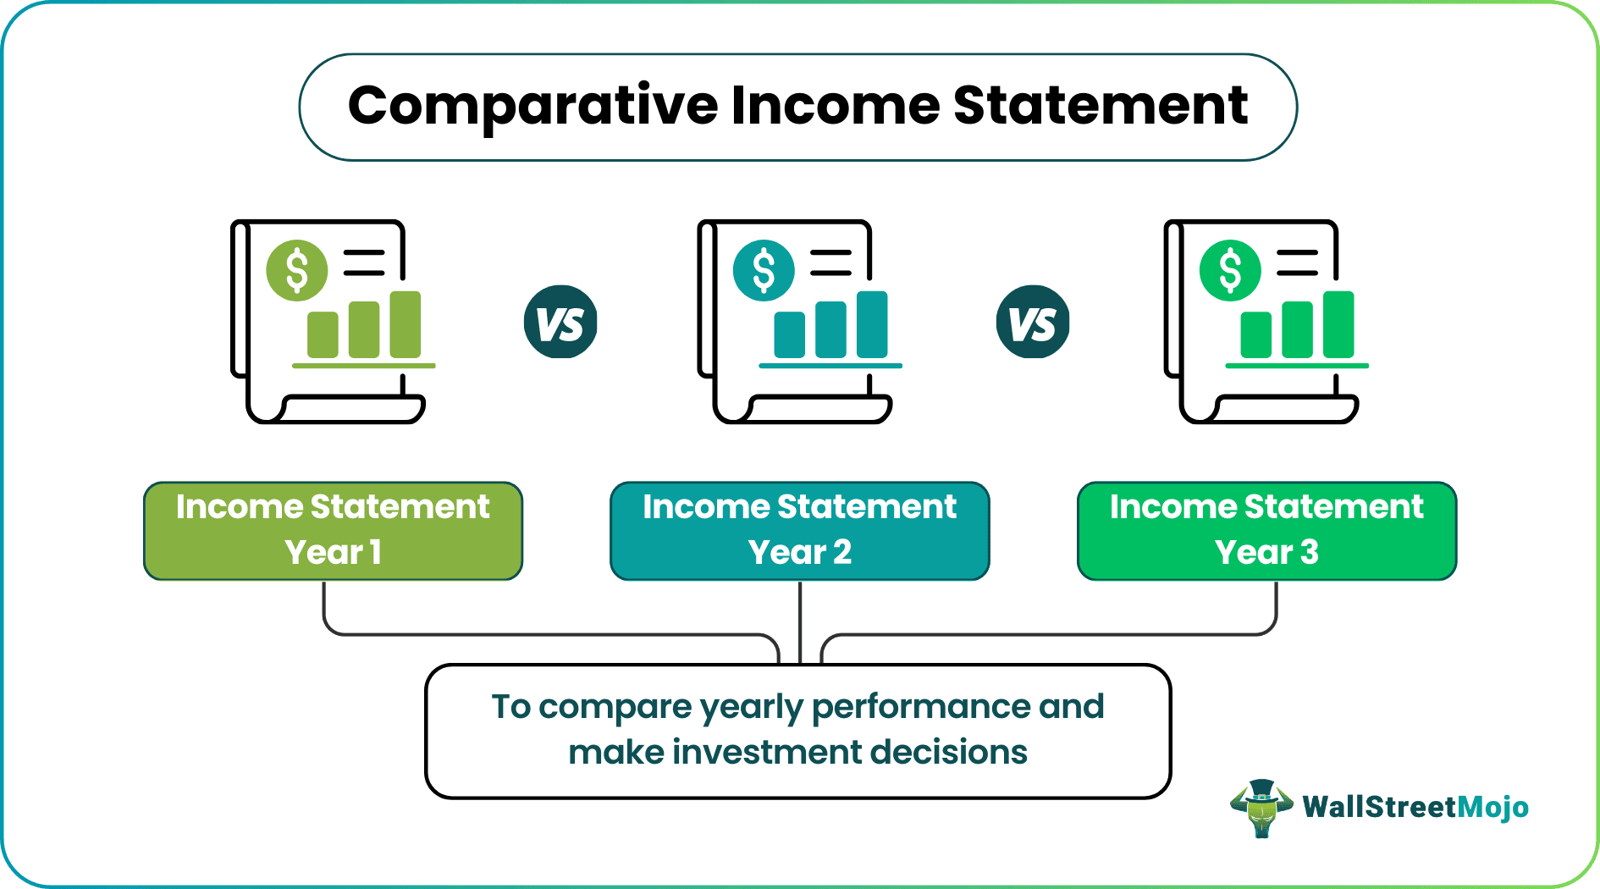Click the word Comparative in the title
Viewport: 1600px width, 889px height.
(x=532, y=108)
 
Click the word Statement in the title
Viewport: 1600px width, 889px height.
(x=1100, y=106)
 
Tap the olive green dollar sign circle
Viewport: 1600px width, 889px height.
(x=297, y=271)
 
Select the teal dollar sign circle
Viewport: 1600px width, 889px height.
(x=764, y=271)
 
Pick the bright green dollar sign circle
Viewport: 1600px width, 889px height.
(x=1230, y=271)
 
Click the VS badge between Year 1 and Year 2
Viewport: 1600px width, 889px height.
(x=560, y=323)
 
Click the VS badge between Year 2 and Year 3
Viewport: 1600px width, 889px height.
(x=1033, y=323)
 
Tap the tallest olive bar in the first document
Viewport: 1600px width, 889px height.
(x=406, y=324)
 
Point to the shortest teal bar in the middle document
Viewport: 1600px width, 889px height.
(x=789, y=334)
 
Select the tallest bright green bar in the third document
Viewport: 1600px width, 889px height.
(x=1338, y=324)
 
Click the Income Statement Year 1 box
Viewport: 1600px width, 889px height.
(x=333, y=531)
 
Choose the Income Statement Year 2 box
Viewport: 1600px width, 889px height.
(x=799, y=531)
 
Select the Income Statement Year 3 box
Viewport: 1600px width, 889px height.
(x=1266, y=531)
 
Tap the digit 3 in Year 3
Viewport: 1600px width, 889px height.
(x=1310, y=553)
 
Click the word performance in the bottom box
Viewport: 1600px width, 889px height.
(x=920, y=708)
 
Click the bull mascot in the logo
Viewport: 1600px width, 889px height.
(x=1261, y=808)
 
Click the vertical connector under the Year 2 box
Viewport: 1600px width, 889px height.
(x=800, y=622)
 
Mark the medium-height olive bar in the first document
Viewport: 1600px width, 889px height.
(x=364, y=329)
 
